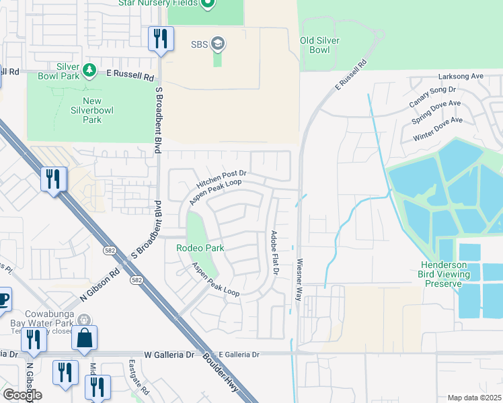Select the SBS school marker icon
[x=217, y=44]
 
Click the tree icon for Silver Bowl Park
[x=88, y=70]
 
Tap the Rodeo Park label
[x=200, y=248]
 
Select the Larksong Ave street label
[x=460, y=77]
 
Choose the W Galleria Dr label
[x=169, y=354]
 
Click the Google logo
[x=22, y=395]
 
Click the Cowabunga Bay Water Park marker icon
[x=83, y=320]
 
